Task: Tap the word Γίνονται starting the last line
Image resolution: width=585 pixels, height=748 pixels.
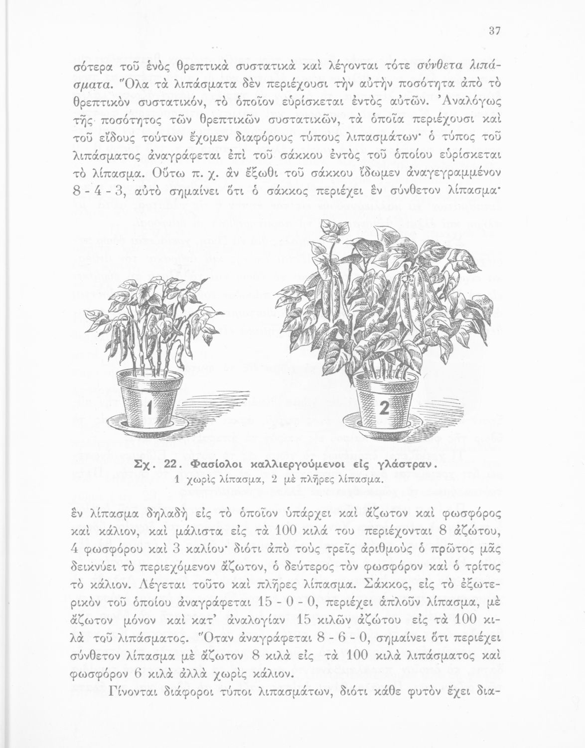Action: pyautogui.click(x=136, y=693)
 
